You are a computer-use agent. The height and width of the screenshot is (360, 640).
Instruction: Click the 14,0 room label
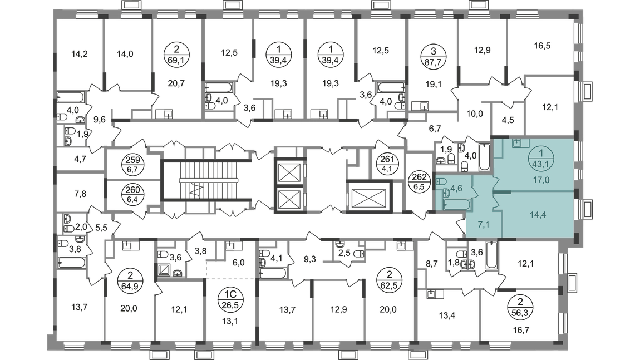124,55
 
